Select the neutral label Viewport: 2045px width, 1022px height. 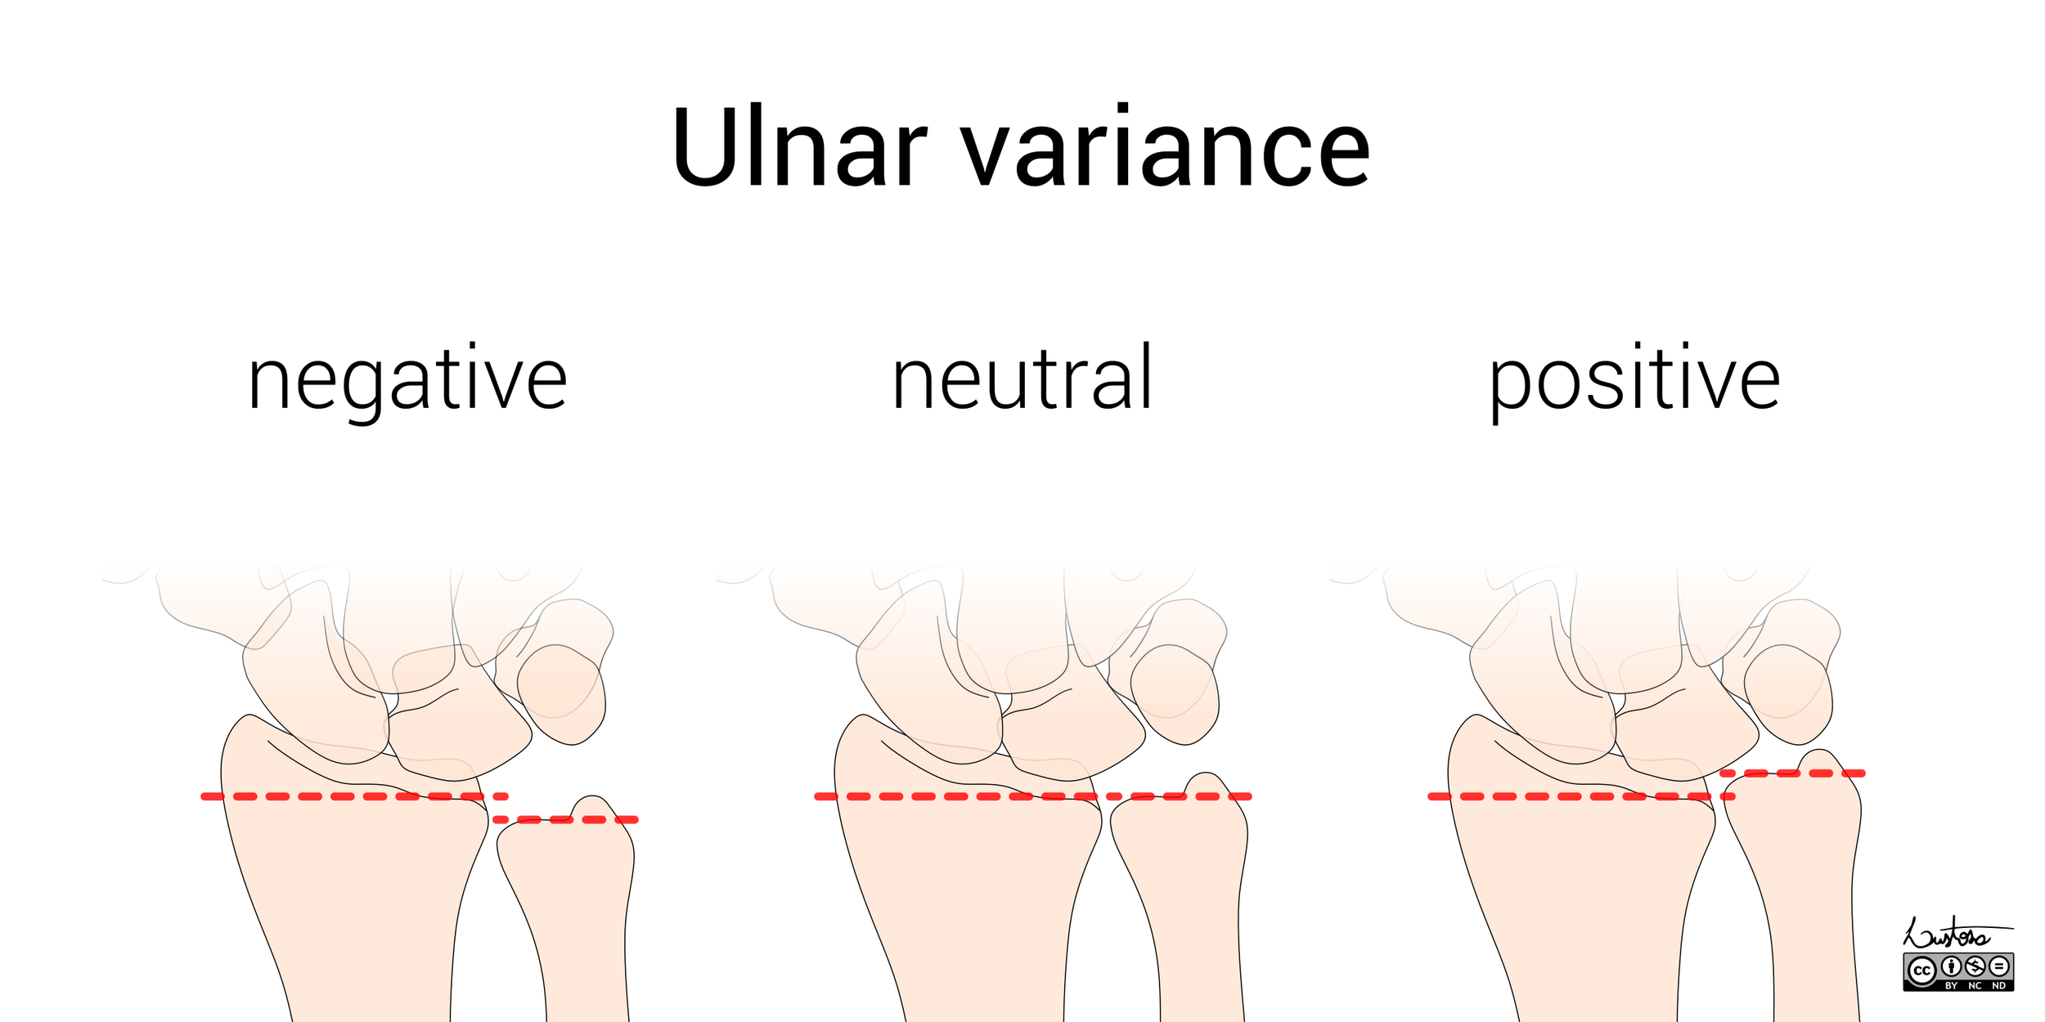click(x=1022, y=379)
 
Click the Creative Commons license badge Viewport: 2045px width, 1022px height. click(x=1958, y=971)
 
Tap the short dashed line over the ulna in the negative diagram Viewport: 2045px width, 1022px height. click(x=565, y=819)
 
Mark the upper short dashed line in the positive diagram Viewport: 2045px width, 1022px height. click(x=1792, y=773)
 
